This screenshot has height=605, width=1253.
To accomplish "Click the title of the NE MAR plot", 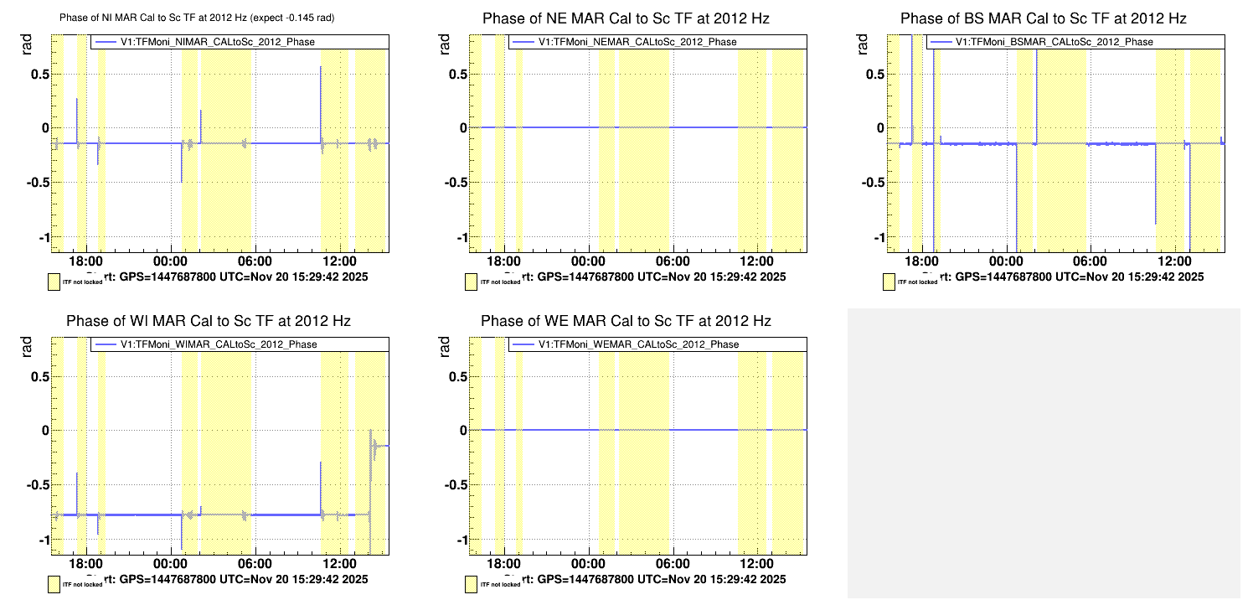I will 626,18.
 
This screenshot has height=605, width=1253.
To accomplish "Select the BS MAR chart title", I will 1044,18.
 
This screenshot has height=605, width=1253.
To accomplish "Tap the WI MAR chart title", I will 208,321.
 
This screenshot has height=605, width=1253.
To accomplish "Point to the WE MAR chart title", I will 626,321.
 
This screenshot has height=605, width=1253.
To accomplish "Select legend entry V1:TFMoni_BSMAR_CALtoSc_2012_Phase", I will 1054,42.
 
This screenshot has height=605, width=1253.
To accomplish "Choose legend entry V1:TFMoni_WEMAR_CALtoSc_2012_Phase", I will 637,344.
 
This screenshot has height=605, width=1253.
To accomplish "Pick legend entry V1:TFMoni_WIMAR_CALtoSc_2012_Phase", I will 219,344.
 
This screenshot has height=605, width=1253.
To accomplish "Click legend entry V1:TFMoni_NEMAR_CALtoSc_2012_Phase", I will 637,42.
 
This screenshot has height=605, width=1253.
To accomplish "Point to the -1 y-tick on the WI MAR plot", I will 39,540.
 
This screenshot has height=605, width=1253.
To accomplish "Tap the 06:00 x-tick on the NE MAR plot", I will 673,260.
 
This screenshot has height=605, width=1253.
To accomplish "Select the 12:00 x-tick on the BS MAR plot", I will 1177,260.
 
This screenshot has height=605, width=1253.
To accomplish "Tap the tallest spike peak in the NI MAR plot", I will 321,68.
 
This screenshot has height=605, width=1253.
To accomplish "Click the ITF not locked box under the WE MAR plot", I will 472,582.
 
